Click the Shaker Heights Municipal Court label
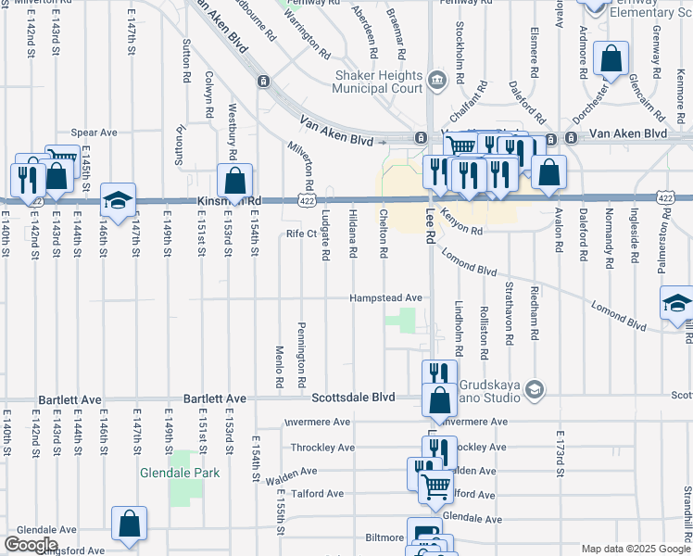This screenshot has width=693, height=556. (378, 84)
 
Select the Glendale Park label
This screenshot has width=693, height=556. (180, 473)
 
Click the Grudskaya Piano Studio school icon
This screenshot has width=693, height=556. (534, 391)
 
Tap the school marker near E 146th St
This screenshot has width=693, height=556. (118, 199)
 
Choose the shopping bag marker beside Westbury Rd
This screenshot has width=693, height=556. (235, 180)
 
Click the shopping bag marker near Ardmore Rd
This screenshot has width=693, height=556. (612, 60)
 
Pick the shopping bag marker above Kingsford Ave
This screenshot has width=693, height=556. (130, 523)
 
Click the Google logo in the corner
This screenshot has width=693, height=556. (31, 545)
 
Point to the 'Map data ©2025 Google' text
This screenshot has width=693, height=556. (635, 549)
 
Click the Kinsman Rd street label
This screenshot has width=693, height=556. (229, 200)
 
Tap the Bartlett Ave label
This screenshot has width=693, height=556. (69, 399)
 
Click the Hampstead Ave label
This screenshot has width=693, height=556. (385, 298)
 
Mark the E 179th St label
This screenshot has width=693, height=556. (561, 455)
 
